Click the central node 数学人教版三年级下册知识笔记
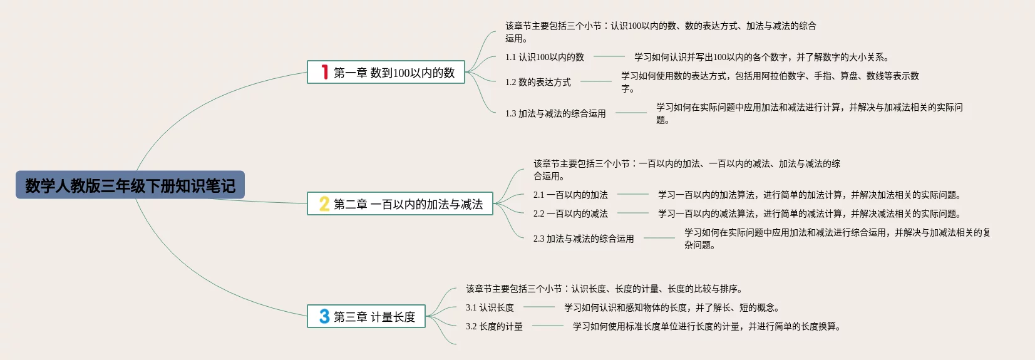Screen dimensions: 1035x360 (x=130, y=185)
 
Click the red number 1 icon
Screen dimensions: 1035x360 (x=324, y=72)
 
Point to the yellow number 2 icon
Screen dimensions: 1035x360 (x=324, y=203)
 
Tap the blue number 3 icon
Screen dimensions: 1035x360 (x=324, y=316)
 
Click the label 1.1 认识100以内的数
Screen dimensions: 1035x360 (x=544, y=57)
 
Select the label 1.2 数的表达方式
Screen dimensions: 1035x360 (x=538, y=82)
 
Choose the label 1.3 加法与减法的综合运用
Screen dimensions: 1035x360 (x=555, y=113)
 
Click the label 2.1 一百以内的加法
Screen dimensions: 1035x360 (x=570, y=195)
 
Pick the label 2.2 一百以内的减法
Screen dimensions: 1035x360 (x=570, y=213)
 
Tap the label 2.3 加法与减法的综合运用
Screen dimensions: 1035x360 (x=584, y=239)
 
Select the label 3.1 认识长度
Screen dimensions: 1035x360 (x=490, y=307)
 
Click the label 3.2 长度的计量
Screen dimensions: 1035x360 (x=494, y=326)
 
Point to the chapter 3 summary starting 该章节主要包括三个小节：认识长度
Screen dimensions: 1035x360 (x=604, y=289)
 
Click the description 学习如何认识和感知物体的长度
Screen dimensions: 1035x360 (x=671, y=307)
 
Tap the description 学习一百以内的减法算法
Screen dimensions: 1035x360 (x=809, y=213)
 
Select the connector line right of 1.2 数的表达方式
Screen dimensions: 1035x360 (x=596, y=81)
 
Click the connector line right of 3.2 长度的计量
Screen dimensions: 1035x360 (x=548, y=326)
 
